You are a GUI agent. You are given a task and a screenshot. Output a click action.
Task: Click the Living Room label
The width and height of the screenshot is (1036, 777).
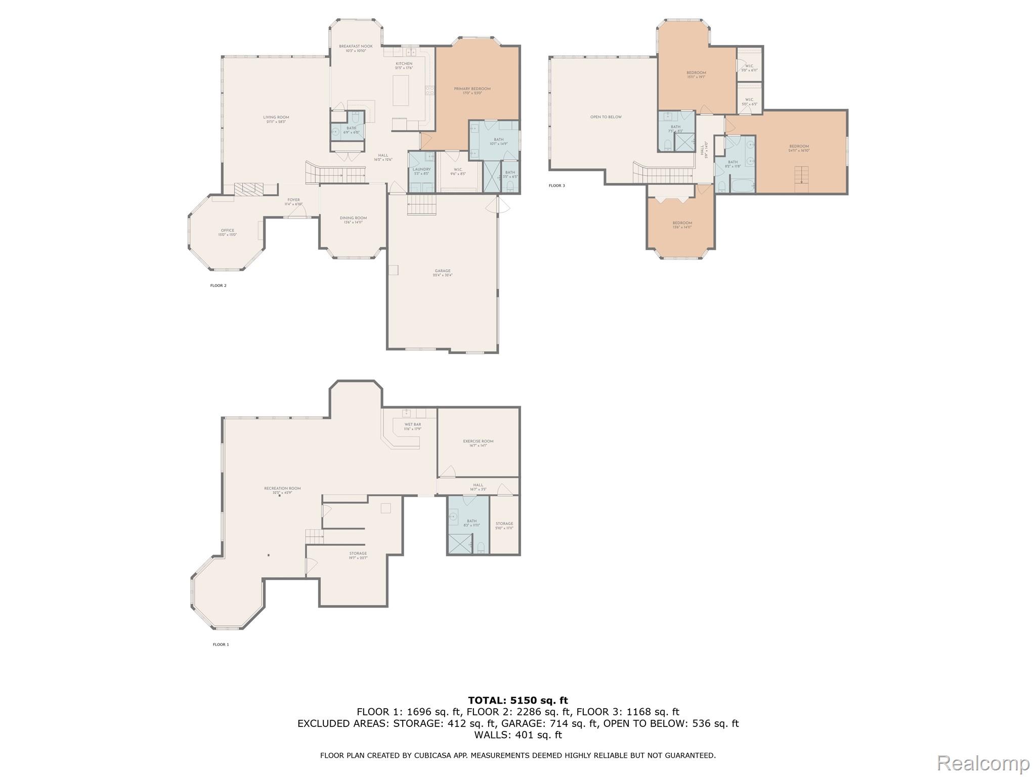pos(276,117)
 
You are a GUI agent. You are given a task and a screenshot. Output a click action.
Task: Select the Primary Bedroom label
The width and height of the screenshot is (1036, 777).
pos(472,89)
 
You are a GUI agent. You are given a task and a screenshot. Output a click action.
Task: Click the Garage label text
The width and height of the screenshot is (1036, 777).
pos(442,271)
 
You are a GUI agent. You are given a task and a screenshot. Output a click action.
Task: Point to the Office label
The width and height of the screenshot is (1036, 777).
pos(227,231)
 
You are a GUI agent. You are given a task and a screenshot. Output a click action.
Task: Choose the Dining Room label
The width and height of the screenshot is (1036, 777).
pos(353,218)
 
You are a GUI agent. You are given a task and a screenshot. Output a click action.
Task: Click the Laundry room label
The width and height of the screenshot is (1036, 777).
pos(421,169)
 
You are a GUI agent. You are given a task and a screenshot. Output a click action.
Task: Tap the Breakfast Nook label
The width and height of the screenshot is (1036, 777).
pos(356,47)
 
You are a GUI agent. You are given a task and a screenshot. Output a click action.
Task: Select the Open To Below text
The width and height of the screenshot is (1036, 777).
pos(606,117)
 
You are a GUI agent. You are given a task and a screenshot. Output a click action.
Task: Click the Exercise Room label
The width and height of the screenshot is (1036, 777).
pos(478,442)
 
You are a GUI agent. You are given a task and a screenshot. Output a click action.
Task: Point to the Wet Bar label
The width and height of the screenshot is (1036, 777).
pos(412,425)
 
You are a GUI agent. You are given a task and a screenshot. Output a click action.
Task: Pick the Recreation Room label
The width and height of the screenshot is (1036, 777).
pos(282,489)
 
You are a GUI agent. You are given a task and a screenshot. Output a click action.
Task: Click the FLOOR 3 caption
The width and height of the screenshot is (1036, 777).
pos(556,186)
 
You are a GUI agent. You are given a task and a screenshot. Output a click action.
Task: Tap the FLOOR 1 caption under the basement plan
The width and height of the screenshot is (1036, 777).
pos(221,644)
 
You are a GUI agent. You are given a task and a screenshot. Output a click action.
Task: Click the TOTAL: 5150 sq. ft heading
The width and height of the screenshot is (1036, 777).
pos(518,700)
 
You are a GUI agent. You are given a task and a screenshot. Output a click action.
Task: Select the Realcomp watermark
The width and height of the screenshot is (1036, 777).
pos(983,763)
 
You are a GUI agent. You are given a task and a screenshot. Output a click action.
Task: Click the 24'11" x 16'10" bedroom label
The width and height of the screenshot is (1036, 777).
pos(799,147)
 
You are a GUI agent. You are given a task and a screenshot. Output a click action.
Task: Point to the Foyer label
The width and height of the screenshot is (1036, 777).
pos(293,200)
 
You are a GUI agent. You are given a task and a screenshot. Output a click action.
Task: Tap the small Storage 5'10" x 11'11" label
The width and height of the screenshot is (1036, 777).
pos(504,524)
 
